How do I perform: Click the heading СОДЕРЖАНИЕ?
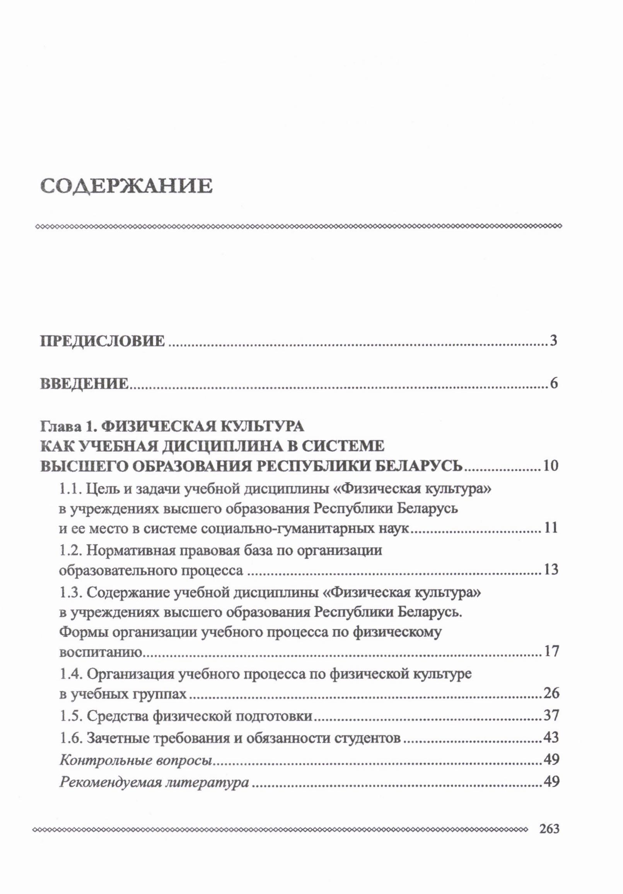pyautogui.click(x=126, y=186)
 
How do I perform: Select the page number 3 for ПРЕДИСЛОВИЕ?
pyautogui.click(x=554, y=341)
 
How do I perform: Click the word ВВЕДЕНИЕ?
pyautogui.click(x=84, y=384)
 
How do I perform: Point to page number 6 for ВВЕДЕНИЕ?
pyautogui.click(x=554, y=384)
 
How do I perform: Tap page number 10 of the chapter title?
pyautogui.click(x=551, y=466)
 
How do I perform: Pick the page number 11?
pyautogui.click(x=551, y=528)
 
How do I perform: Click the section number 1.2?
pyautogui.click(x=70, y=550)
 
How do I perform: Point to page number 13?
pyautogui.click(x=551, y=570)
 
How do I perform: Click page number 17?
pyautogui.click(x=551, y=651)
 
